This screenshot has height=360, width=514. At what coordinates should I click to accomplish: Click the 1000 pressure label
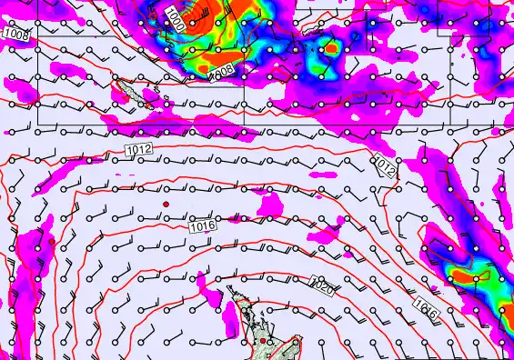(176, 20)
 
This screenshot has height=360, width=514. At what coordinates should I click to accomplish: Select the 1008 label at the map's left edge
(15, 34)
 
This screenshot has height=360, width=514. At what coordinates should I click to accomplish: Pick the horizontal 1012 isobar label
(139, 148)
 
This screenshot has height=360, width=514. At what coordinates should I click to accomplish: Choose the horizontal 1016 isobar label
(203, 225)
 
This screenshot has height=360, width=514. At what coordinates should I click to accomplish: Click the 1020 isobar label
(322, 286)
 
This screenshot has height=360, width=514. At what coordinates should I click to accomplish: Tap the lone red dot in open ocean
(166, 205)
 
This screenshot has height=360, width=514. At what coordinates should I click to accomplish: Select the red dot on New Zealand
(263, 341)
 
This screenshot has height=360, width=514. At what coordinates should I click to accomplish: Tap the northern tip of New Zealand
(230, 288)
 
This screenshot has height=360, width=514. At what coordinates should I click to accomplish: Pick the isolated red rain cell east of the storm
(332, 47)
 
